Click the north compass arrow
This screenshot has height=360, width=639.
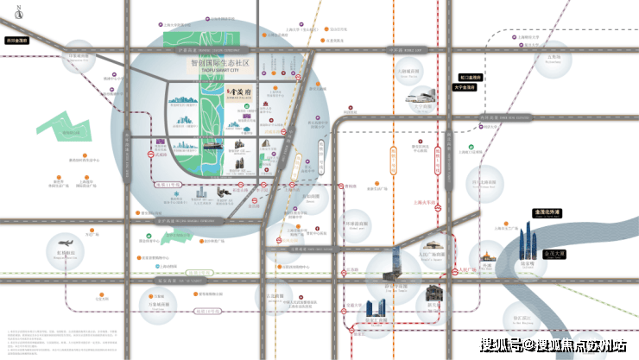pyautogui.click(x=19, y=11)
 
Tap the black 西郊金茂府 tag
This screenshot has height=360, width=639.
pyautogui.click(x=16, y=41)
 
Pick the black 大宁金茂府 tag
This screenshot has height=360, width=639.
pyautogui.click(x=466, y=87)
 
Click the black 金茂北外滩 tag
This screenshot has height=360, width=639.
pyautogui.click(x=546, y=212)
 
